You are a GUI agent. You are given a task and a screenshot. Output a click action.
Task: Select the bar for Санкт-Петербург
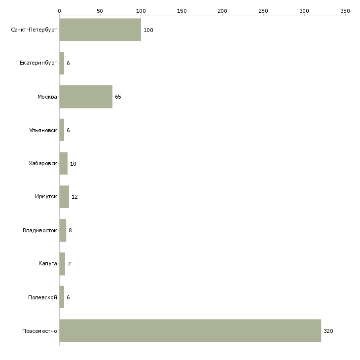coord(100,30)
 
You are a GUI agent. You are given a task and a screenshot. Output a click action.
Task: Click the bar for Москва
coord(86,97)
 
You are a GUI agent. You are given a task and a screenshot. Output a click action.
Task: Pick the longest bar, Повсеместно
coord(190,330)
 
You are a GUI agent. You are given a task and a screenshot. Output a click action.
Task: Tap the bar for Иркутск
coord(64,197)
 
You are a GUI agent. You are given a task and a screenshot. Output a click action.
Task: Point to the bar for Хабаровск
coord(63,163)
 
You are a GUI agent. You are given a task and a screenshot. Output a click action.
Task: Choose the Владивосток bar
coord(63,230)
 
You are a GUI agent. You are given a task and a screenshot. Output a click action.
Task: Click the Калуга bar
coord(62,264)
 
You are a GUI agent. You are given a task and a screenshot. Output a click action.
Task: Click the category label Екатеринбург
coord(38,63)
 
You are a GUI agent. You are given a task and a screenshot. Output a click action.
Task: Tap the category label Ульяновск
coord(43,130)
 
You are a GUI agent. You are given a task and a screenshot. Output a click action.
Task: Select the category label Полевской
coord(42,297)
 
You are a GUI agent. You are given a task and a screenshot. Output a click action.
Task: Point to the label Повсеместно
coord(39,331)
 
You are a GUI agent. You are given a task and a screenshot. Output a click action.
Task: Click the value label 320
coord(328,331)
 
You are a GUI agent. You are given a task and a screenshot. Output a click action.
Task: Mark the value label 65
coord(118,97)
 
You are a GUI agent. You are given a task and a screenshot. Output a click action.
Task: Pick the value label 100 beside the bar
coord(148,30)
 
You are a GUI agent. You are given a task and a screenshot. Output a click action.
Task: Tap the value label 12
coord(74,197)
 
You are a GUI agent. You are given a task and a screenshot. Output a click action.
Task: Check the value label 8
coord(70,230)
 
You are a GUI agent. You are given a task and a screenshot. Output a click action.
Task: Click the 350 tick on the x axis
coord(345,11)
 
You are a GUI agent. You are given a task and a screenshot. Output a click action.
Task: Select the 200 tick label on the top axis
coord(222,11)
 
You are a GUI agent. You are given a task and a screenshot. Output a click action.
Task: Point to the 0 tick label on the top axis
coord(60,11)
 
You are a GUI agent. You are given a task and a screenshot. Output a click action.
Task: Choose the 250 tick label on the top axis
coord(263,11)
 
